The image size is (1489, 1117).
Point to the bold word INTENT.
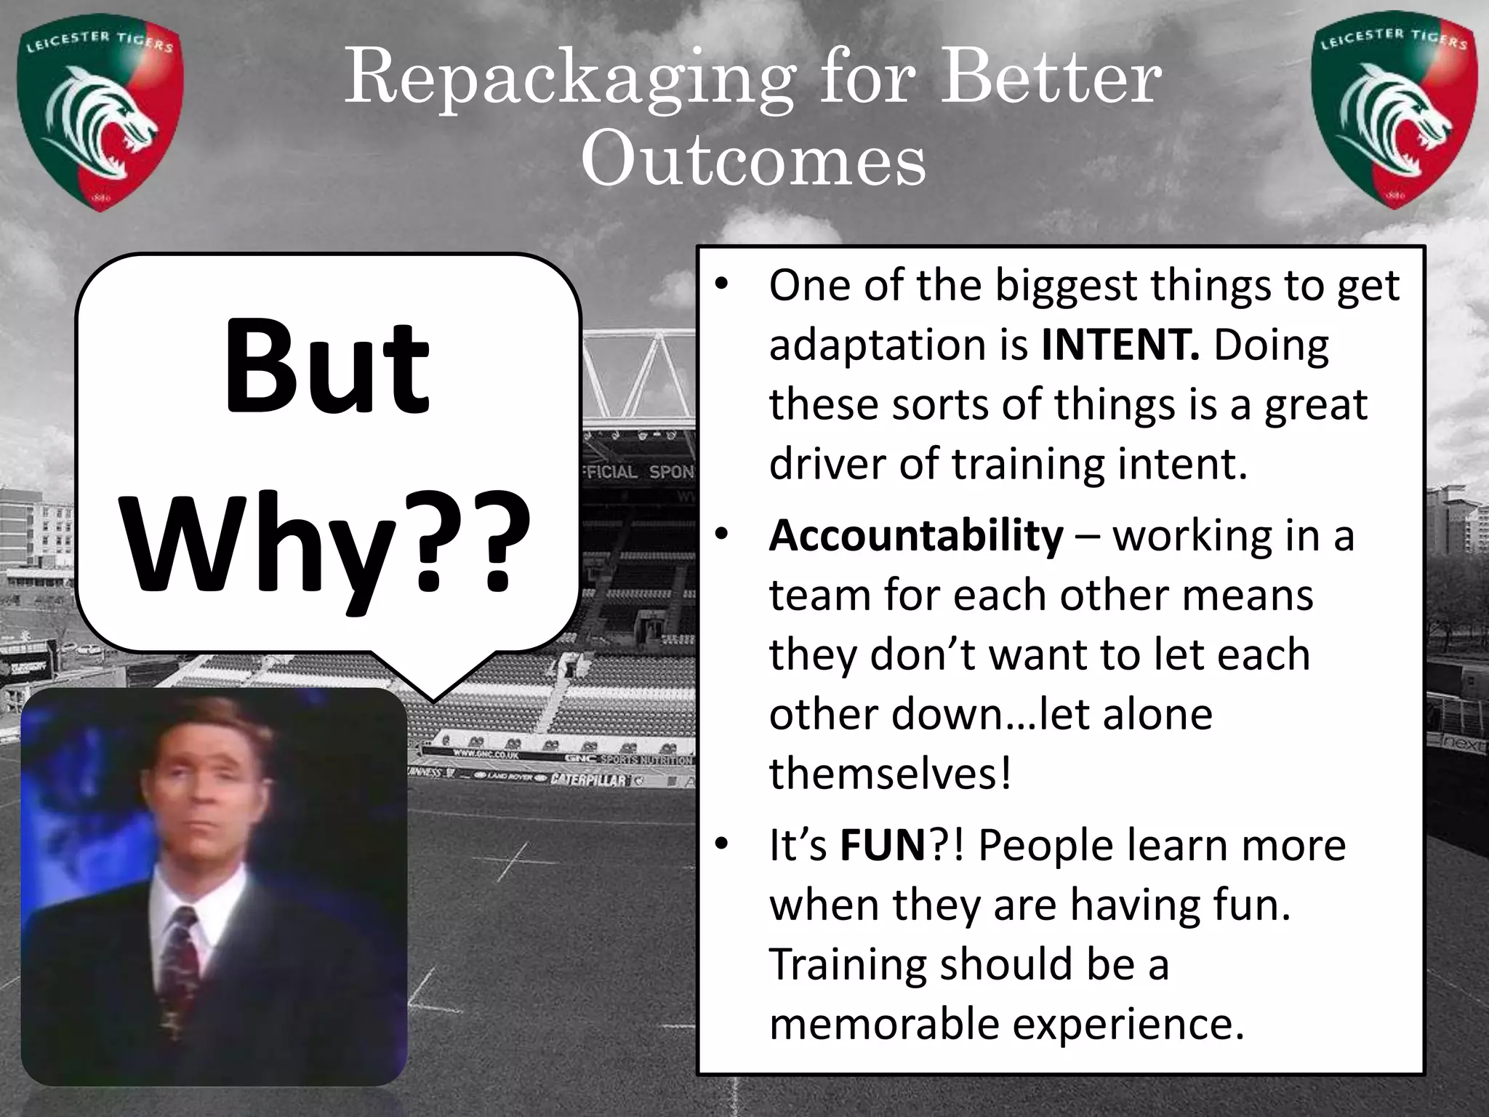coord(1120,345)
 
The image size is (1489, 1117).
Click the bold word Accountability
coord(916,535)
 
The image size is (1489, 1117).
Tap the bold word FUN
coord(882,845)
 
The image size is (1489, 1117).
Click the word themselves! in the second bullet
coord(890,773)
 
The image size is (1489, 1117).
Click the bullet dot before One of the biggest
coord(721,284)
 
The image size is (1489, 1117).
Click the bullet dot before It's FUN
coord(721,844)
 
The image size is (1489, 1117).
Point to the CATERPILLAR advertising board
coord(589,780)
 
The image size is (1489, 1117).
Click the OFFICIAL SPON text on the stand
coord(638,471)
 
